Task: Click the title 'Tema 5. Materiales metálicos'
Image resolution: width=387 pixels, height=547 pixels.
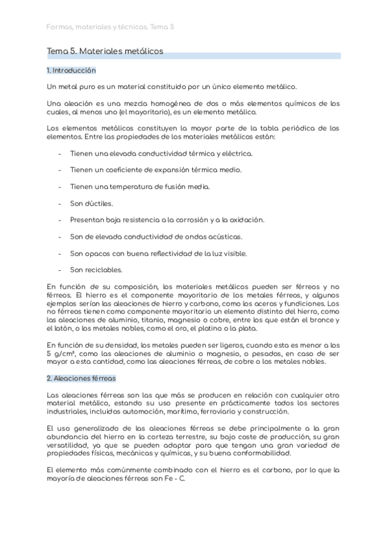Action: (x=105, y=50)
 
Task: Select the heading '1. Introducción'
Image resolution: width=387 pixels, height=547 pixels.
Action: (x=71, y=70)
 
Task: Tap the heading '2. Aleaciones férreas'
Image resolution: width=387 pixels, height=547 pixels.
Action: (x=81, y=378)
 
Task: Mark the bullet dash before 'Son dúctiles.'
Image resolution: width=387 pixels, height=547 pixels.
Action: (x=59, y=203)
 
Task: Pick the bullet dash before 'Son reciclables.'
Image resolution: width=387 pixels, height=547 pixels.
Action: (x=59, y=270)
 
